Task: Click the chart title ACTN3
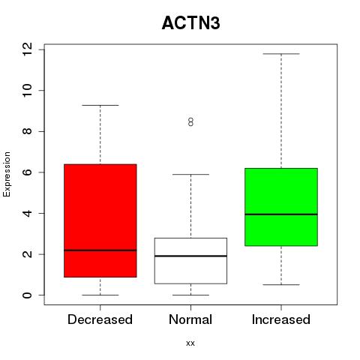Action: pos(191,23)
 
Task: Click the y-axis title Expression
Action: pos(7,174)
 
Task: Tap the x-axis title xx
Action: pos(190,343)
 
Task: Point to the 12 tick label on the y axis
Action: pos(27,49)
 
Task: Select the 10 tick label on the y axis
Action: pos(27,90)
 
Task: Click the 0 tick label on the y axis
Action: pos(27,295)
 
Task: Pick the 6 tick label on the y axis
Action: pos(27,172)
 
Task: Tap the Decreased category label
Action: pos(100,319)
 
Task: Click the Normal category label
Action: pos(190,319)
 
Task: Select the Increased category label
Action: pos(281,319)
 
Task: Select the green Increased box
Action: pos(281,207)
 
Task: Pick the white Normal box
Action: pos(190,261)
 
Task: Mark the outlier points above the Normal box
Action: pos(190,122)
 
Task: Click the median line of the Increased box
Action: pos(281,214)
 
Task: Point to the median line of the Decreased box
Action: pos(100,250)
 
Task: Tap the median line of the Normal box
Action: pos(190,256)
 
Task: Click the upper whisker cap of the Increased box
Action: pos(281,54)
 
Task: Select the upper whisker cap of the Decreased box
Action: pos(100,105)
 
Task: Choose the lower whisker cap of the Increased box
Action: pos(281,284)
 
